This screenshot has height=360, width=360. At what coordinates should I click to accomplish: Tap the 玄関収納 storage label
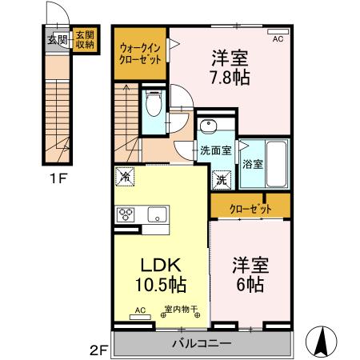pos(85,40)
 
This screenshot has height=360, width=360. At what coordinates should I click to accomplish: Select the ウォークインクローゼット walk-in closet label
pos(140,54)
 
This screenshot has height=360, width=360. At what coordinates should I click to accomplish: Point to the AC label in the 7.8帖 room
pos(278,38)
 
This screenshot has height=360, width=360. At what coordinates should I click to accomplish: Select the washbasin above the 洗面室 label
pos(210,126)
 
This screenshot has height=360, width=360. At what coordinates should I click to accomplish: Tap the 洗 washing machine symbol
pos(221,180)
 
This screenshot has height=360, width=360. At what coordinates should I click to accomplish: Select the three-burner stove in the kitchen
pos(126,214)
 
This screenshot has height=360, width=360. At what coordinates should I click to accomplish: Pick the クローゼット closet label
pos(250,208)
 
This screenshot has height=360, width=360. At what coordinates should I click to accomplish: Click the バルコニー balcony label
pos(202,344)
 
